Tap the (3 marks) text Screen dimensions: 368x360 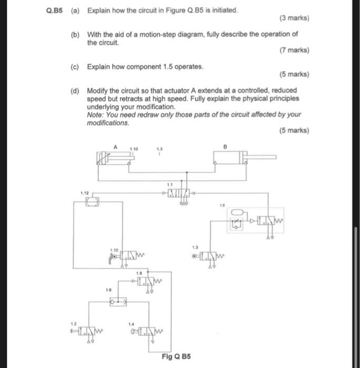pos(294,18)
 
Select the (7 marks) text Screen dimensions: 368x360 pos(294,50)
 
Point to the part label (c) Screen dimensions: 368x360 pos(75,67)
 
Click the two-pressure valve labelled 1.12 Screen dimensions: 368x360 pos(93,202)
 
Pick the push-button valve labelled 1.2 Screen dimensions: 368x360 pos(86,331)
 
